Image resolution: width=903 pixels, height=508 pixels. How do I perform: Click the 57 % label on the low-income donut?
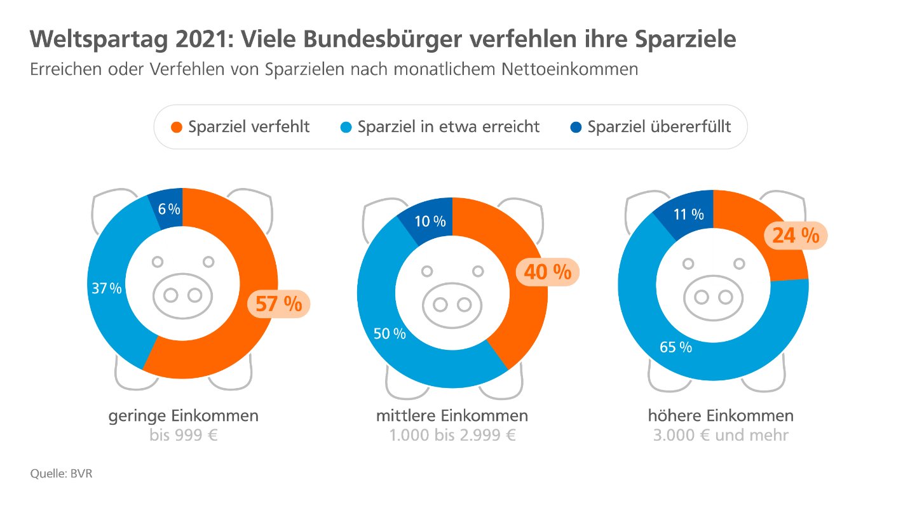pyautogui.click(x=278, y=304)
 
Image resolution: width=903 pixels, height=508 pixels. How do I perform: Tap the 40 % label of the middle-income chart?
pyautogui.click(x=548, y=272)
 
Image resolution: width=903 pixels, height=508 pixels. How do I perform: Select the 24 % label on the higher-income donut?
pyautogui.click(x=796, y=236)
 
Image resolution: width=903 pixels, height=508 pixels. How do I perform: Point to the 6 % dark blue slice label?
pyautogui.click(x=169, y=210)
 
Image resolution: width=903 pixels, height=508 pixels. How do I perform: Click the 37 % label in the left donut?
pyautogui.click(x=106, y=288)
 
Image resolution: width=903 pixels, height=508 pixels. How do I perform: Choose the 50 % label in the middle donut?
pyautogui.click(x=390, y=333)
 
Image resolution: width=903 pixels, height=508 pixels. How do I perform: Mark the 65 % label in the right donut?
pyautogui.click(x=676, y=347)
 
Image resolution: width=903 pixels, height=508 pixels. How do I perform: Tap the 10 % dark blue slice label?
pyautogui.click(x=430, y=222)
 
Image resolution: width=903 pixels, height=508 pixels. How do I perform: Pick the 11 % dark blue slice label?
pyautogui.click(x=689, y=215)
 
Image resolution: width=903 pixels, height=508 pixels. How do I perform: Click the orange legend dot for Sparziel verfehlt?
pyautogui.click(x=177, y=127)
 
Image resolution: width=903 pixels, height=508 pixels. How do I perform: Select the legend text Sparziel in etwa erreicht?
pyautogui.click(x=449, y=127)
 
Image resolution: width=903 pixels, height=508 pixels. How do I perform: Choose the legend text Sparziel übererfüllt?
pyautogui.click(x=659, y=127)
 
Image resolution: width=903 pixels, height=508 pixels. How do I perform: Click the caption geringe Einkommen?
pyautogui.click(x=184, y=417)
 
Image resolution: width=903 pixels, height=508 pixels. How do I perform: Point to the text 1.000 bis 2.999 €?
pyautogui.click(x=452, y=436)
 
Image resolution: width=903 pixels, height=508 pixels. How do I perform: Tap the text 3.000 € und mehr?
pyautogui.click(x=721, y=436)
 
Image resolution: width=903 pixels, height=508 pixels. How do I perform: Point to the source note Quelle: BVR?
pyautogui.click(x=62, y=474)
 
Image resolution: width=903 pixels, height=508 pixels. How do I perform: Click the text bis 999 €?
pyautogui.click(x=184, y=436)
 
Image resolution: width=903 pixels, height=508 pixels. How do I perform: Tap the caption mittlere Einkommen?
pyautogui.click(x=452, y=417)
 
